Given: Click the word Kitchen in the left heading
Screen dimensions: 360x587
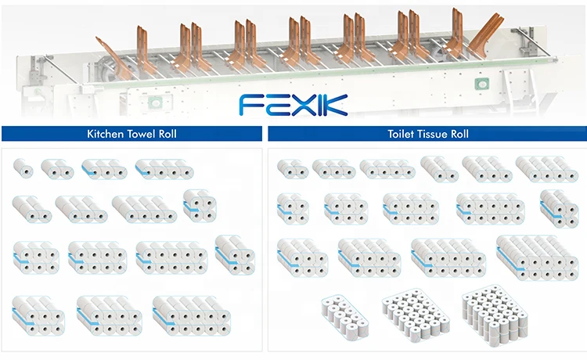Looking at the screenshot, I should coord(103,134).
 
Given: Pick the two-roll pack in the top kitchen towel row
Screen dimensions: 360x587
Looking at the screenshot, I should coord(57,167).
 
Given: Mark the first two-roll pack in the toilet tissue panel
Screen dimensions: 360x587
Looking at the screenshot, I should coord(292,168).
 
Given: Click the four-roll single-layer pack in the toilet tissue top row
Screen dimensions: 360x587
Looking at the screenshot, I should coord(387,168).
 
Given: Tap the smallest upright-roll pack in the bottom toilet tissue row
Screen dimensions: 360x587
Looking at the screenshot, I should coord(344,317).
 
